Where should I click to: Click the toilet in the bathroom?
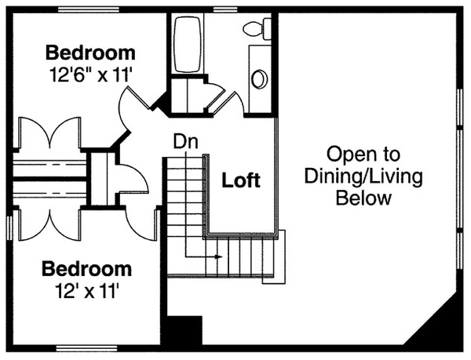[256, 30]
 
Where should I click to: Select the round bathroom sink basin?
[258, 79]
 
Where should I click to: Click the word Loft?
[241, 180]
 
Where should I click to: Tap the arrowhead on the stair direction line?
[218, 256]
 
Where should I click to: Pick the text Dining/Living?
[363, 176]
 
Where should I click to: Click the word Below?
[363, 198]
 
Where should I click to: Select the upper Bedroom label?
[90, 53]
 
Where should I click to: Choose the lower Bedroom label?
[86, 269]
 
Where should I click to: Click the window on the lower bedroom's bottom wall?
[86, 347]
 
